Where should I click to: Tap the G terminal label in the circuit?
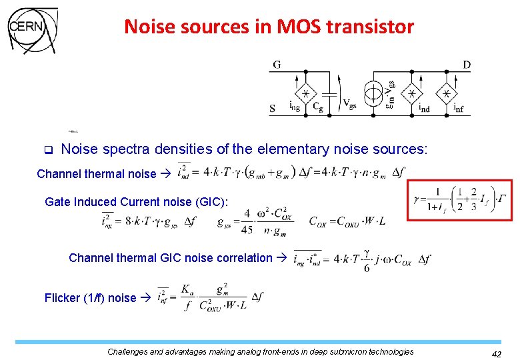click(x=276, y=65)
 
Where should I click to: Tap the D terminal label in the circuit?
click(x=466, y=65)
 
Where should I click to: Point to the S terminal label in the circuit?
click(x=273, y=108)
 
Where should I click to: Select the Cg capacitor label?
click(x=319, y=107)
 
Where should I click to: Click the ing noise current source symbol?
click(x=305, y=93)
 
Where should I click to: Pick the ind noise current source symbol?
click(x=412, y=93)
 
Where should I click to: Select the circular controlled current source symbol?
click(x=374, y=93)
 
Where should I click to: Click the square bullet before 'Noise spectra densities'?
click(x=47, y=149)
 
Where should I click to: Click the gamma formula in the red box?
click(x=460, y=199)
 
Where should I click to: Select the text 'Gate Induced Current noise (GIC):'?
click(x=136, y=201)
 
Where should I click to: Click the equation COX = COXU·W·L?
click(x=347, y=221)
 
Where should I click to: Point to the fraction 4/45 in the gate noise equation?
click(x=247, y=222)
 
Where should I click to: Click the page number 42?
click(x=495, y=355)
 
